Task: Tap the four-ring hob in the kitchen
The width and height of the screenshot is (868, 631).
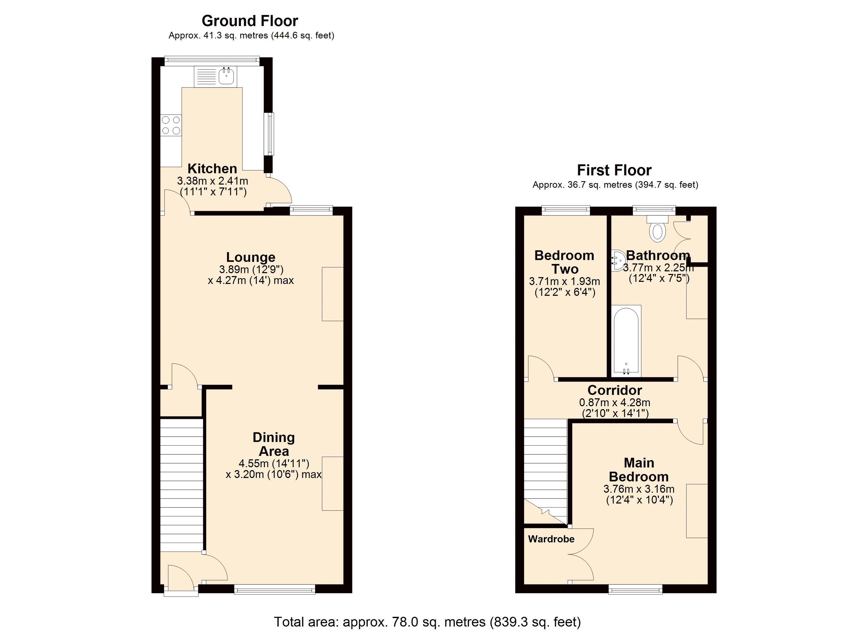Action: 171,125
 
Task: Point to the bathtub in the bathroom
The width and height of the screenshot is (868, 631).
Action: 626,340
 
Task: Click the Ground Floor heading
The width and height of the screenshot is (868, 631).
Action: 250,21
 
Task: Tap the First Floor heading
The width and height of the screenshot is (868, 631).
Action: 614,170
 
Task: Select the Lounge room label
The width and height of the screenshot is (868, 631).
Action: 251,257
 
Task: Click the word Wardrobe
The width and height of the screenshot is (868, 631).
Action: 551,539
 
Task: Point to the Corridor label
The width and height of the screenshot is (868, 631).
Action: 615,390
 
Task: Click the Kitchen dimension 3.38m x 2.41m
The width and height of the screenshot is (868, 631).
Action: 213,181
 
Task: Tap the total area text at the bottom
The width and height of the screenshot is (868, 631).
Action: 427,622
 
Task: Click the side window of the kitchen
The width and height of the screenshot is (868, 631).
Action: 271,134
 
